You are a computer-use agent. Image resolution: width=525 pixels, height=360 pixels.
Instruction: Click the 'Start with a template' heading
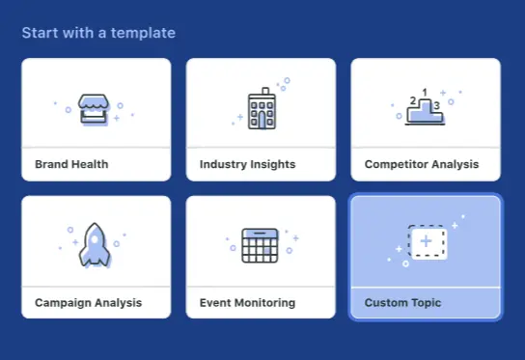coord(98,34)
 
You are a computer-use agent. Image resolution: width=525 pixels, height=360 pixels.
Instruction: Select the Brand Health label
coord(71,164)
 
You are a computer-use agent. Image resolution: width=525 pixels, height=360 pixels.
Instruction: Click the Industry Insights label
coord(247,164)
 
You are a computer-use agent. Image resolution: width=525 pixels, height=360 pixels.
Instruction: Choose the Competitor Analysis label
coord(421,164)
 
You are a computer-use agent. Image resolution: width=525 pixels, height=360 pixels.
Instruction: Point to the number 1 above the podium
coord(426,93)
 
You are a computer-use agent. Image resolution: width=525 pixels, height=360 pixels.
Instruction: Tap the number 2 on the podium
coord(414,100)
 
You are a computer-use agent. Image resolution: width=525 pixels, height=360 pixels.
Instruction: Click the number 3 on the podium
coord(436,105)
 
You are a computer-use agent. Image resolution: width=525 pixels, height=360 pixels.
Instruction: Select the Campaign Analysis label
coord(88,302)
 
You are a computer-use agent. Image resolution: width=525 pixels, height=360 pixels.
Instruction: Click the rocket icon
coord(94,245)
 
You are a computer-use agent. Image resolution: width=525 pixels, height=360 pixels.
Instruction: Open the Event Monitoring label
coord(247,302)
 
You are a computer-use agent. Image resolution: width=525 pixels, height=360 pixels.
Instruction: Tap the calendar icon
coord(260,246)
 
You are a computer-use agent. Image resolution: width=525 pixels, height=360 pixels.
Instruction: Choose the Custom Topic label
coord(402,302)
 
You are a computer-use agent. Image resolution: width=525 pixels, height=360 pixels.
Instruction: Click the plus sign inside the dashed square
coord(427,240)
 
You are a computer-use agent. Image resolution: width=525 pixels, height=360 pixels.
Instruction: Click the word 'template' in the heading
coord(145,34)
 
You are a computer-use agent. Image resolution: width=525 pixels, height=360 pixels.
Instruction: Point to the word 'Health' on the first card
coord(89,164)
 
